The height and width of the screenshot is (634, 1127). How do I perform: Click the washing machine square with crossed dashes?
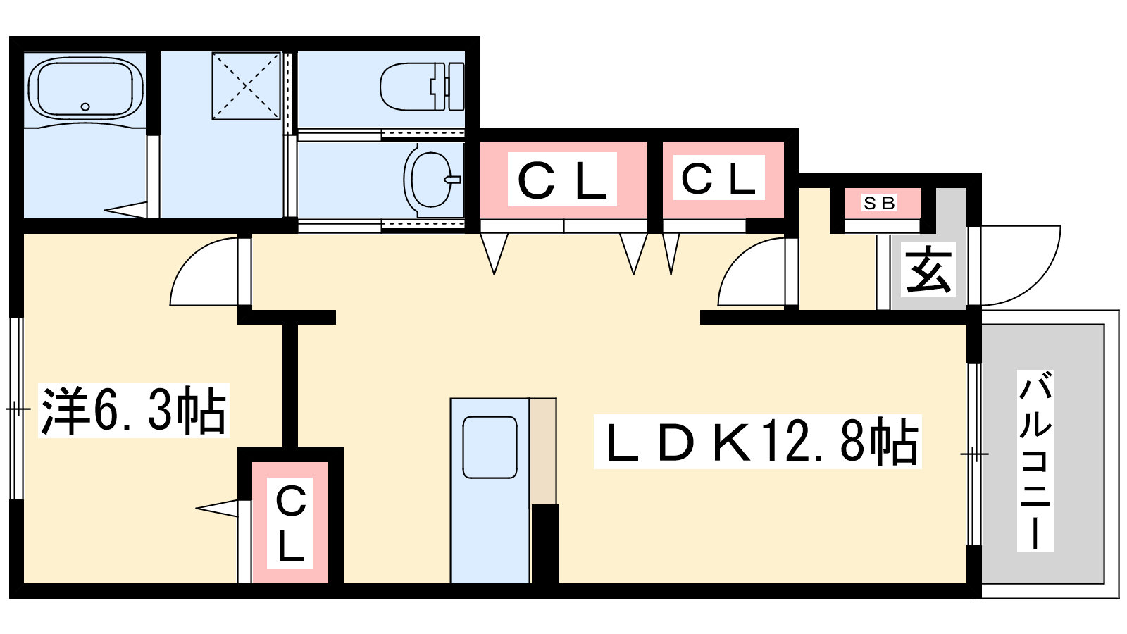pyautogui.click(x=246, y=86)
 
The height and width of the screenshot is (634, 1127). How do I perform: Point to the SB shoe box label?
pyautogui.click(x=879, y=203)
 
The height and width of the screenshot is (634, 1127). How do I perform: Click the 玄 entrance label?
pyautogui.click(x=928, y=270)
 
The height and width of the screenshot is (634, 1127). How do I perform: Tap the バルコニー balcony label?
pyautogui.click(x=1035, y=462)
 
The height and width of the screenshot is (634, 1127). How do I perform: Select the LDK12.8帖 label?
pyautogui.click(x=757, y=442)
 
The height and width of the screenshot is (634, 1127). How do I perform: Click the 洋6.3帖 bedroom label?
pyautogui.click(x=133, y=410)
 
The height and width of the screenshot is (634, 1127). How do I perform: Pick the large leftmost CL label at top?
pyautogui.click(x=561, y=180)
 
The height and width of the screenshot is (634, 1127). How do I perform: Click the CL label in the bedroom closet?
pyautogui.click(x=290, y=522)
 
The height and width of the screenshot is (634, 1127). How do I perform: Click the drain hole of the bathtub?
pyautogui.click(x=85, y=106)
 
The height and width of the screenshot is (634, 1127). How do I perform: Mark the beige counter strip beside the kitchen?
pyautogui.click(x=543, y=451)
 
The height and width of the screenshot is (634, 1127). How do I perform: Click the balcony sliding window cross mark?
pyautogui.click(x=974, y=454)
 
